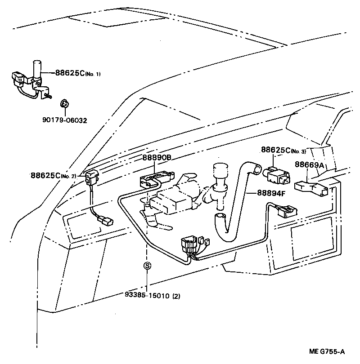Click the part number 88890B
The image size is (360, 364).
pos(157,158)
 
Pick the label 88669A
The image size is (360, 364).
pos(309,165)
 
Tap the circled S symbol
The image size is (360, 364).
pos(147,266)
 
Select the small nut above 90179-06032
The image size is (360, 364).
pos(64,105)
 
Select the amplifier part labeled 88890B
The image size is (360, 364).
pos(155,179)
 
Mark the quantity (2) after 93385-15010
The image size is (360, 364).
pos(176,296)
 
